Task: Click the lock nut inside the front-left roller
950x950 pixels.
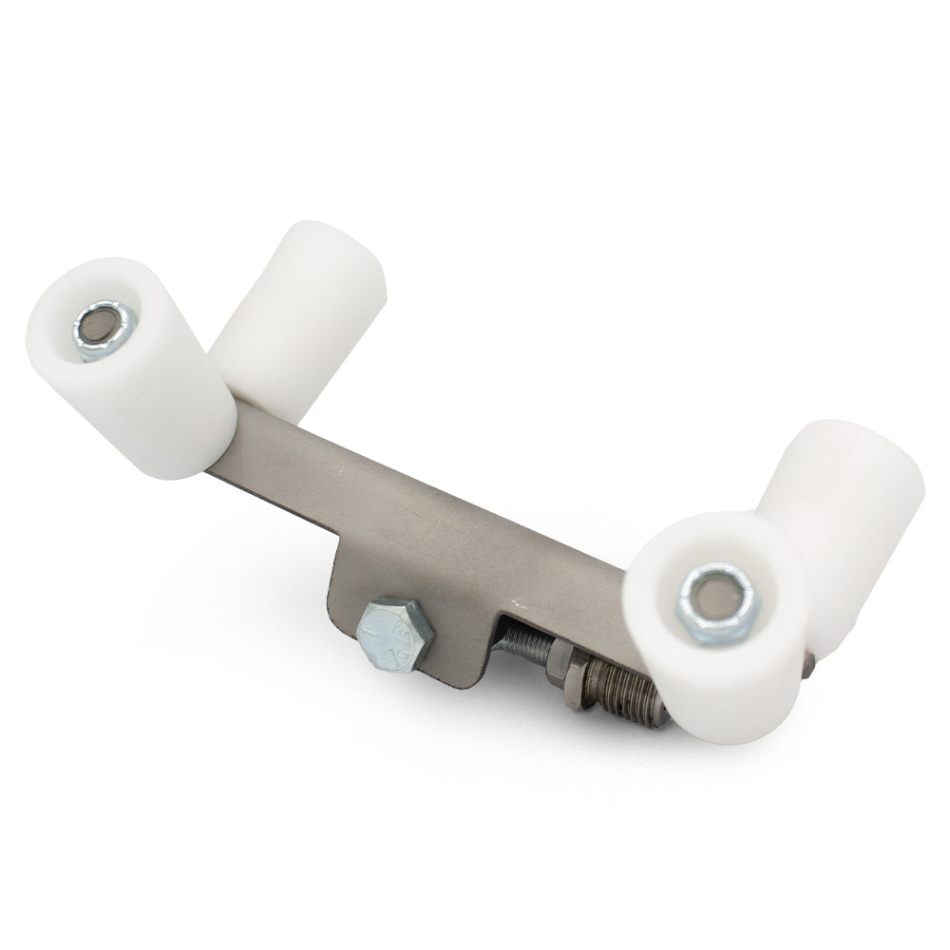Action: [x=103, y=329]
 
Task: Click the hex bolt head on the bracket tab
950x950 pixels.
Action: [x=395, y=634]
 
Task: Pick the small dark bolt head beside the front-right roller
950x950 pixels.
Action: [x=807, y=668]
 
